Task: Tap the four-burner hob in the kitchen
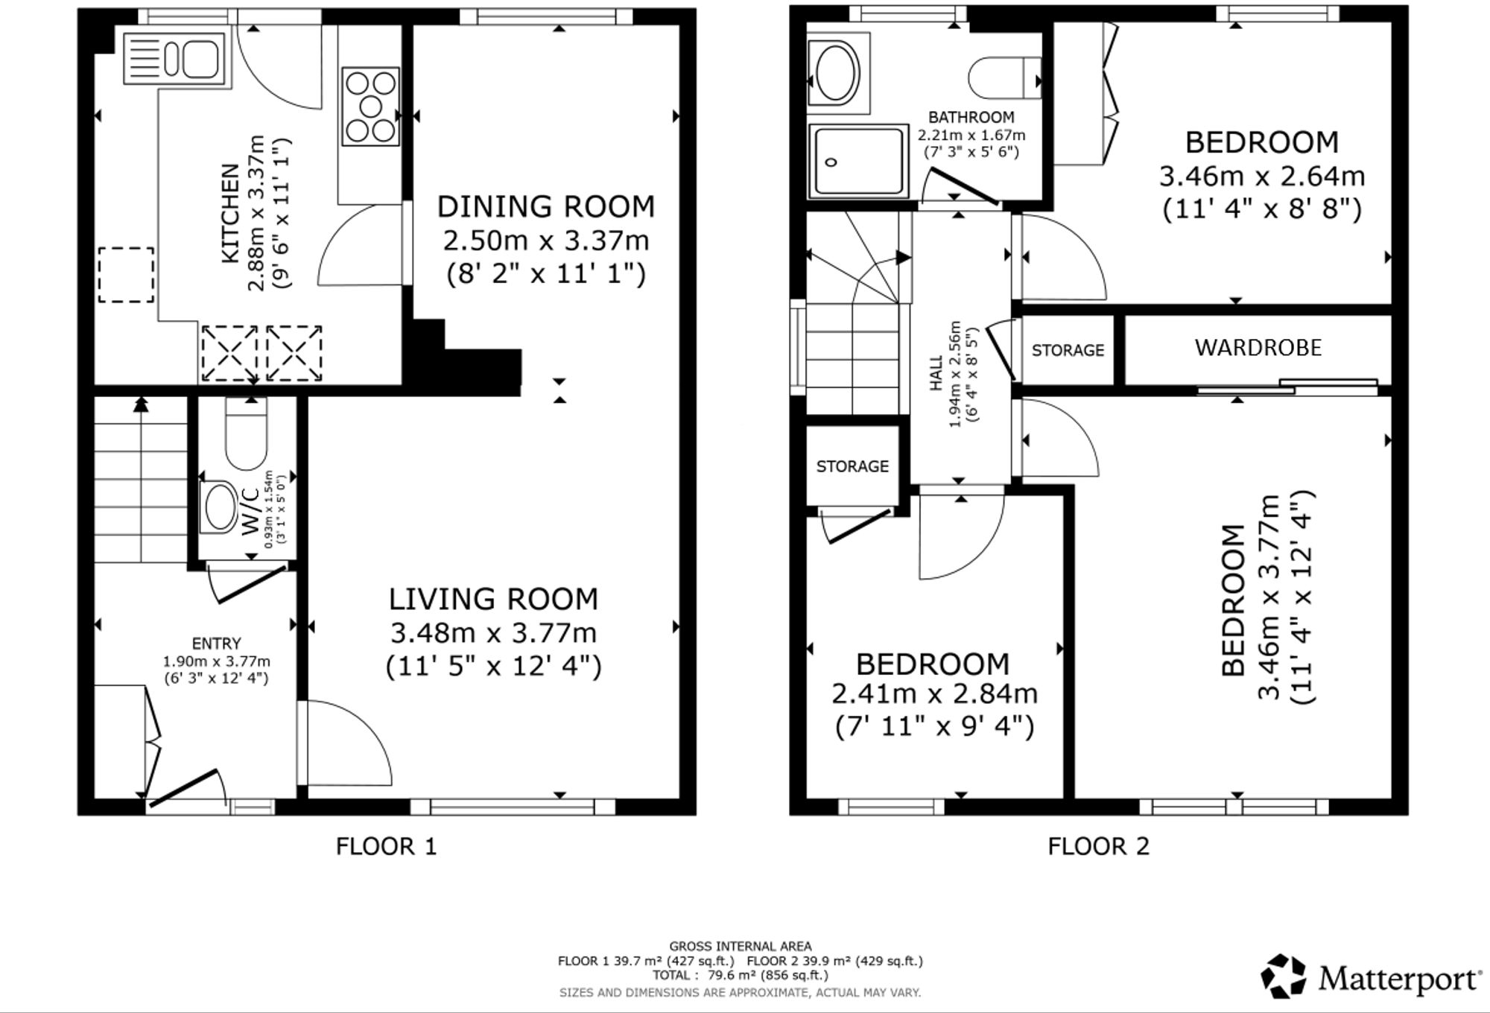[x=370, y=107]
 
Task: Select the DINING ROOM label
[x=546, y=206]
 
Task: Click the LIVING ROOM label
[x=493, y=599]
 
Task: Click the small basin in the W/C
[x=218, y=506]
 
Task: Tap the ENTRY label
[x=216, y=644]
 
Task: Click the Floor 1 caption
[x=386, y=846]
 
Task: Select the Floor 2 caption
[x=1098, y=846]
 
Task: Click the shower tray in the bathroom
[x=859, y=162]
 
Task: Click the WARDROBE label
[x=1258, y=348]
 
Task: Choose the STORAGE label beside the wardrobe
[x=1068, y=350]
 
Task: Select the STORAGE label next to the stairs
[x=852, y=466]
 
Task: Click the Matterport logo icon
[x=1284, y=977]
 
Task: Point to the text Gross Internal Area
[x=741, y=947]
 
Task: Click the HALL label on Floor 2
[x=936, y=372]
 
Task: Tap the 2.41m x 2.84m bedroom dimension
[x=934, y=694]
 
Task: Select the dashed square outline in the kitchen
[x=127, y=275]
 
